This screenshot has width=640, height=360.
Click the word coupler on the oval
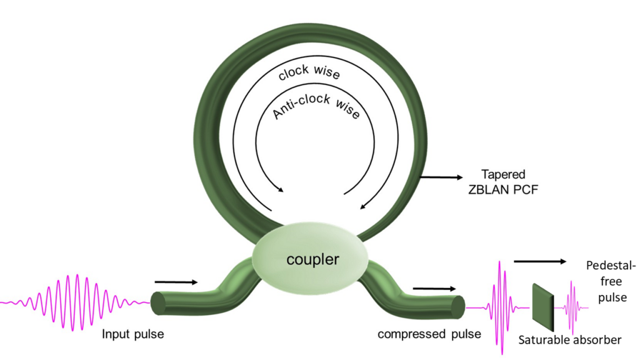pos(312,259)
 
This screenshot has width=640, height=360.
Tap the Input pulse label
pos(133,334)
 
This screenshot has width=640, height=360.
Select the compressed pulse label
pos(429,334)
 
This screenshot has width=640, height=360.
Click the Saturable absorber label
pos(570,340)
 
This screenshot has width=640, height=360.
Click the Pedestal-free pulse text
pos(612,282)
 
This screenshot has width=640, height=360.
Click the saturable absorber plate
pos(542,307)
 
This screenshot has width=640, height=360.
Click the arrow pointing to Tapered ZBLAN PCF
pos(441,177)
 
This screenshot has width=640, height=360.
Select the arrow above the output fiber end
pos(434,289)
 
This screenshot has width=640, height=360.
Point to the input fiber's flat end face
pos(159,303)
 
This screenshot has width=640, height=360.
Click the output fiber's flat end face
pos(457,306)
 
